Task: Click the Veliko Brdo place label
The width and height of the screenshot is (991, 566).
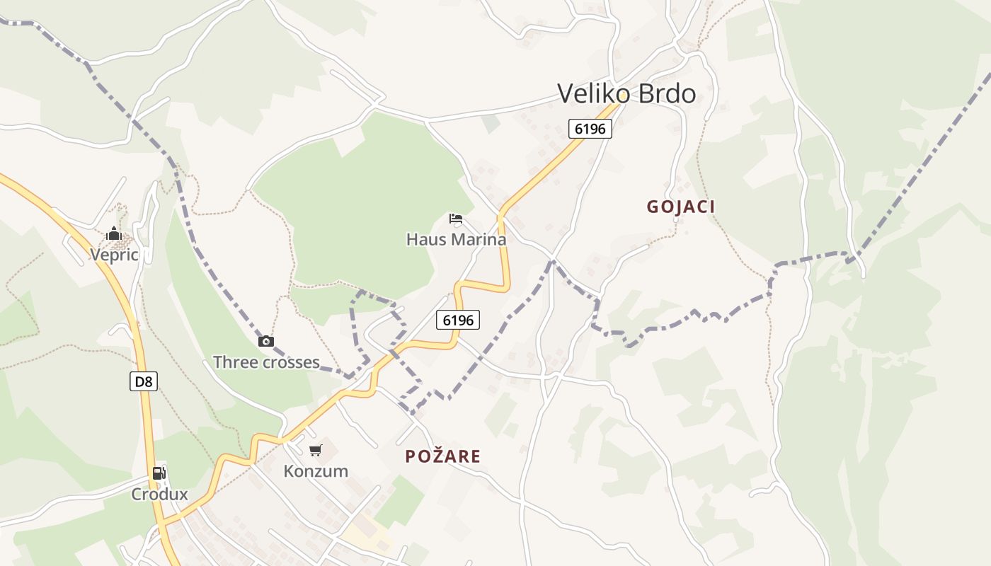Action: pos(626,93)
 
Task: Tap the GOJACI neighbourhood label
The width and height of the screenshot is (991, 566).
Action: pos(680,207)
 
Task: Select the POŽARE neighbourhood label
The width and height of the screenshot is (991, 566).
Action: pos(442,456)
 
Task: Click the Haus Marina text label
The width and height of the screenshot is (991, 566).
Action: pos(456,240)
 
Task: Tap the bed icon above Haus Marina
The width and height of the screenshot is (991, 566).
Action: pos(456,218)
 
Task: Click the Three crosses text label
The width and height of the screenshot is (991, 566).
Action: pos(266,362)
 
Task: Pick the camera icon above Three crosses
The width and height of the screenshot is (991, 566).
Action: pos(266,342)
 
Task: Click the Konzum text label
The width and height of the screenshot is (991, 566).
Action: pos(316,471)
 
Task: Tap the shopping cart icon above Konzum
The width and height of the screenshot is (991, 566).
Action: pos(316,450)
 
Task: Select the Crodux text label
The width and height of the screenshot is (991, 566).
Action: pos(159,495)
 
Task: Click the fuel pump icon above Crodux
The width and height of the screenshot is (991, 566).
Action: pos(159,473)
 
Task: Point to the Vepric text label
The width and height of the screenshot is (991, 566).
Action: pos(114,255)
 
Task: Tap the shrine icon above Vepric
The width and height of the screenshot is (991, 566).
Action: pos(114,234)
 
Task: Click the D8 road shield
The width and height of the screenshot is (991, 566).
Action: pos(144,382)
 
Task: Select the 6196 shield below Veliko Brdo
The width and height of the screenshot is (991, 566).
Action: pos(590,129)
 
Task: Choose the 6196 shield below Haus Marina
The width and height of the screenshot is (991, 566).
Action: pos(457,320)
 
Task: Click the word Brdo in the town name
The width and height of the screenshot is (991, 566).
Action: pos(665,93)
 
